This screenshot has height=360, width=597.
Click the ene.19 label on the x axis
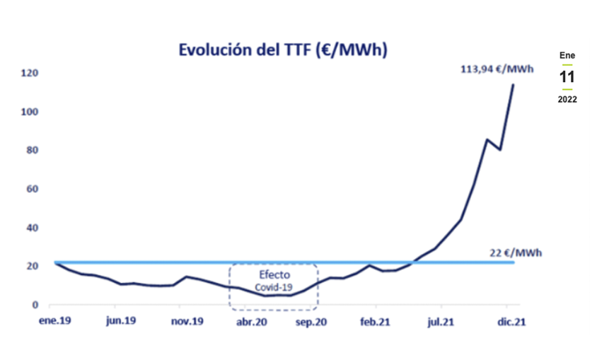(x=54, y=321)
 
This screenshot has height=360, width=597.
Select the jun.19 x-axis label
(x=120, y=321)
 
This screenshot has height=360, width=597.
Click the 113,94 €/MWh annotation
(x=495, y=69)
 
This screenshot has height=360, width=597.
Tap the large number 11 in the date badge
(x=567, y=77)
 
